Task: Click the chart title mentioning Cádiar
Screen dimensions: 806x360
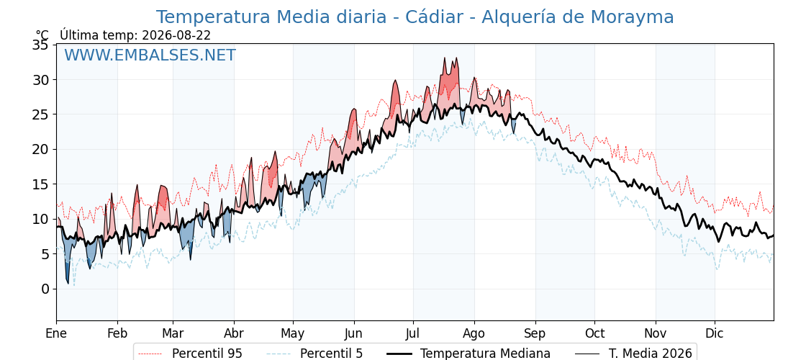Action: (x=415, y=17)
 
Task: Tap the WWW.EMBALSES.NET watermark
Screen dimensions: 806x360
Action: (x=150, y=55)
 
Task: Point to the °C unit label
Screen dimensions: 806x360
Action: (x=42, y=35)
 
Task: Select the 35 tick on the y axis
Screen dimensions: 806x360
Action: (x=41, y=45)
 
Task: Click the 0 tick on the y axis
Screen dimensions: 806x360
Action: (x=45, y=289)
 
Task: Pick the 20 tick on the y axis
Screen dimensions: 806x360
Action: (x=41, y=150)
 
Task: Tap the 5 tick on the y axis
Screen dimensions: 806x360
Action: (x=45, y=254)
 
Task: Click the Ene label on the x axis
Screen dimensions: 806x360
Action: (x=57, y=333)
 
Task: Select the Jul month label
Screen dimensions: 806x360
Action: (x=414, y=333)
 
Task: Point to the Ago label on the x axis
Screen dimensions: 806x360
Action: (x=474, y=333)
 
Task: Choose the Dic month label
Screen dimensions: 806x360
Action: (x=715, y=333)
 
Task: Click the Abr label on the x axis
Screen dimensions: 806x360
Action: (x=234, y=333)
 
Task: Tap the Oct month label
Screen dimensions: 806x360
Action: (x=594, y=333)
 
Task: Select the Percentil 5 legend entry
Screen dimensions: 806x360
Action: (x=314, y=354)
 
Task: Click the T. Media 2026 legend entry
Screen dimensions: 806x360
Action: (x=633, y=354)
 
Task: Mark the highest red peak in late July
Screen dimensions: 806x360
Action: (x=445, y=58)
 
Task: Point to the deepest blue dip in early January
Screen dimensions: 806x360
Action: (x=68, y=282)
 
